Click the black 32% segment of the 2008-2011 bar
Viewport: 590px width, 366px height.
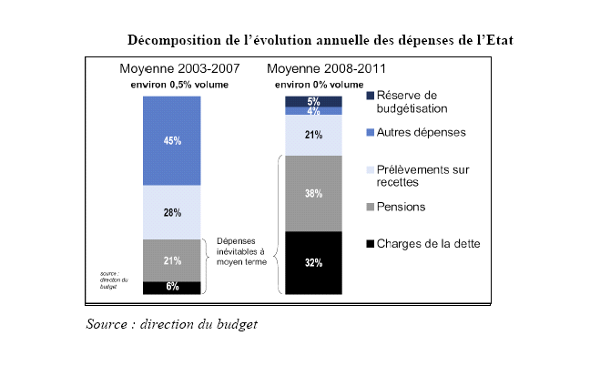coord(313,262)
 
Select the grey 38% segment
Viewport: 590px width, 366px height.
coord(313,193)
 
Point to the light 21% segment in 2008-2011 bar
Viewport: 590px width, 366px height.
coord(313,136)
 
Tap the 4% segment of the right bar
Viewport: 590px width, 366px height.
coord(313,111)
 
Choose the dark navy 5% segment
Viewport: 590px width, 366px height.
coord(313,101)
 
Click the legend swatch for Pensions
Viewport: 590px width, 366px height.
coord(369,208)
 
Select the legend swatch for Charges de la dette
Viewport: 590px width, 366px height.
coord(369,243)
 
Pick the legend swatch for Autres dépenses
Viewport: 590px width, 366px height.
coord(369,133)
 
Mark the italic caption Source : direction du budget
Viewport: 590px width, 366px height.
coord(172,324)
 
